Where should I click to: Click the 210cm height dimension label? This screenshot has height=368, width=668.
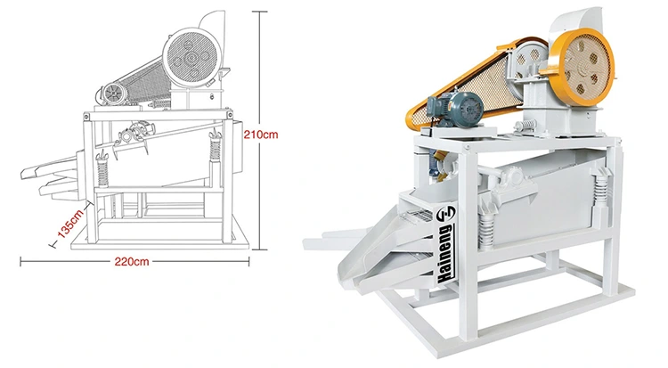261,135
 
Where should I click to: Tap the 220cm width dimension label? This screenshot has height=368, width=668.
132,261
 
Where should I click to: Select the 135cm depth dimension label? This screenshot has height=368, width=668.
70,223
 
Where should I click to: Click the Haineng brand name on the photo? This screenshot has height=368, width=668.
445,254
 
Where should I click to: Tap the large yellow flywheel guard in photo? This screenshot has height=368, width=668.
581,69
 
